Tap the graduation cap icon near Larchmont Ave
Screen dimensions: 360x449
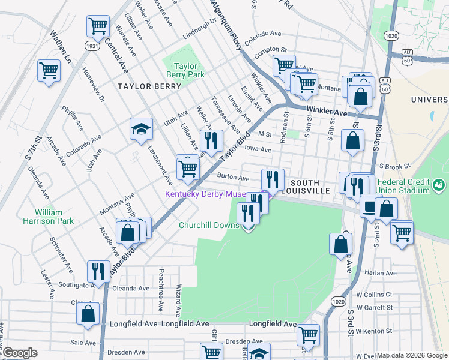[140, 129]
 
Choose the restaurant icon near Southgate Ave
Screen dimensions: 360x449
[97, 271]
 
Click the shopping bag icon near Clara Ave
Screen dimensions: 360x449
[88, 313]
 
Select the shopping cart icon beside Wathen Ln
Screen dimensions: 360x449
[49, 70]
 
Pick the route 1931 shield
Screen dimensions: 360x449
[92, 46]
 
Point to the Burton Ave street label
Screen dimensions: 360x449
[233, 178]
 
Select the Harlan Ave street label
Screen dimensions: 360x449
[381, 273]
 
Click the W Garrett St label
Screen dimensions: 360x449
[374, 307]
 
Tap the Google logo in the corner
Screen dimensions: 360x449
[20, 353]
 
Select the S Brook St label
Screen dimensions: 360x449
[393, 166]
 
